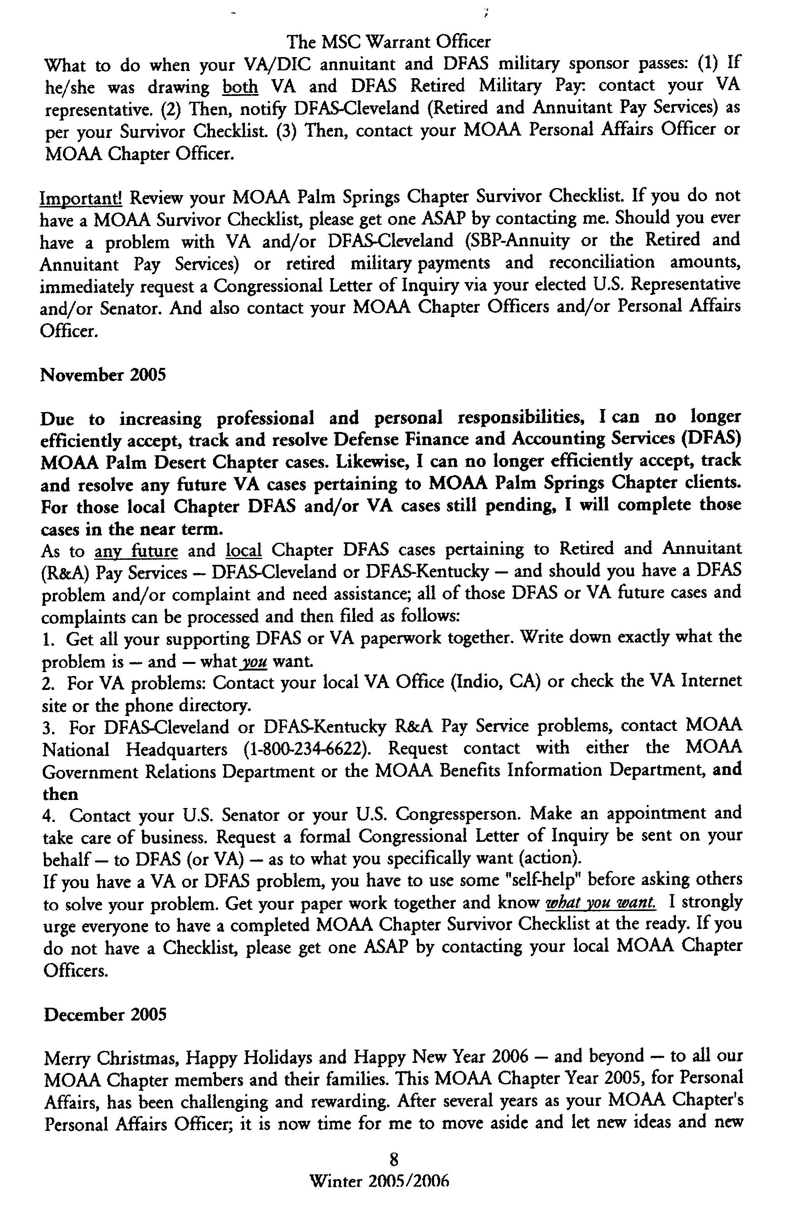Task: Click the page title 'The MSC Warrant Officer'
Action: click(x=388, y=41)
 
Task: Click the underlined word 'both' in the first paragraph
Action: click(x=240, y=87)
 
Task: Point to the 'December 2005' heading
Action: click(x=105, y=1015)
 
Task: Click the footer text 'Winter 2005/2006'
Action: click(x=380, y=1181)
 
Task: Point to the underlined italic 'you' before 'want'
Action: click(x=251, y=662)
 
